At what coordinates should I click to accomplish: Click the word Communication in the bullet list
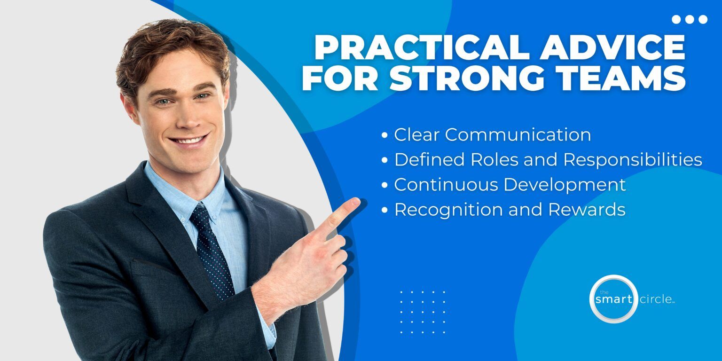pos(518,135)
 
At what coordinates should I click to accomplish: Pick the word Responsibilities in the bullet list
pos(632,160)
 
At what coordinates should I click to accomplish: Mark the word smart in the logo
pos(613,299)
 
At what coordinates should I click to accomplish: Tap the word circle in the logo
pos(656,299)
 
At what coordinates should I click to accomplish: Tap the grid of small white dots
pos(422,312)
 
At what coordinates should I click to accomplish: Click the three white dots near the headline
pos(690,19)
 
